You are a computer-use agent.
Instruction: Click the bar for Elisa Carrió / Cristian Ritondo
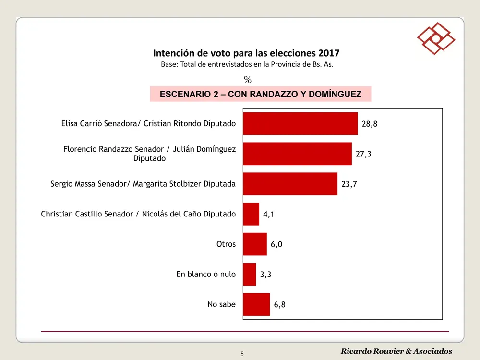point(300,123)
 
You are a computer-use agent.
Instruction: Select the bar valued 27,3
point(297,154)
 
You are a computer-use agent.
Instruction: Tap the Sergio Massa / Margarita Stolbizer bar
point(290,184)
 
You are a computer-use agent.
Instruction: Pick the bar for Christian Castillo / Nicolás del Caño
point(251,214)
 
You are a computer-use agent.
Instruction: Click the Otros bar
point(255,244)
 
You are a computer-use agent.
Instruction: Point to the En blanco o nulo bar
point(250,274)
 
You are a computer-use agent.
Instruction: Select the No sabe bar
point(256,304)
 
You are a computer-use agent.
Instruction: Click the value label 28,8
point(370,124)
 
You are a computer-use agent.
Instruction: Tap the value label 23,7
point(349,184)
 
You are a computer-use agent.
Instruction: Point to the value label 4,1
point(269,215)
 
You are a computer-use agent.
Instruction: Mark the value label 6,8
point(280,305)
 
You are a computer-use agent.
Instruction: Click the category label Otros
point(226,244)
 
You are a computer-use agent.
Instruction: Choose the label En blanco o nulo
point(206,274)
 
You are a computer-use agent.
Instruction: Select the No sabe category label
point(221,304)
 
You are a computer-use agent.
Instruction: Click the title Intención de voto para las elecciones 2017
point(246,53)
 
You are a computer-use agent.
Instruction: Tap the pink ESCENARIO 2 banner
point(260,94)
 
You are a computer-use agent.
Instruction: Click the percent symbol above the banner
point(248,80)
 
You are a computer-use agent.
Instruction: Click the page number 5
point(242,354)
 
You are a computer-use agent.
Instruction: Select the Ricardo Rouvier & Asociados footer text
point(396,351)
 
